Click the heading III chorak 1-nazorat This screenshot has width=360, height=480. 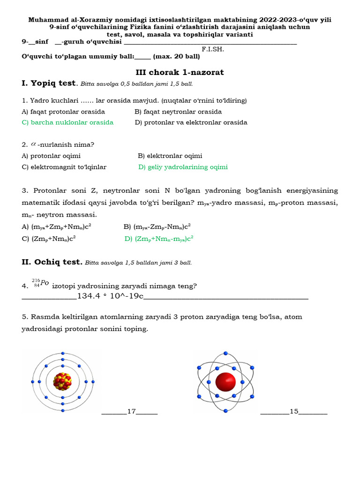click(180, 72)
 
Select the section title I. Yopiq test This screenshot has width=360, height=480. click(49, 83)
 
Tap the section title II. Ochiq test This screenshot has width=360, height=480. click(52, 262)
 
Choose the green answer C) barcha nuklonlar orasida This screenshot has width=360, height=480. click(67, 122)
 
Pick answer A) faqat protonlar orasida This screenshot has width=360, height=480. click(63, 112)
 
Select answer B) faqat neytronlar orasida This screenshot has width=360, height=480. click(178, 112)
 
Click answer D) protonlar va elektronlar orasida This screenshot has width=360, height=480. click(191, 122)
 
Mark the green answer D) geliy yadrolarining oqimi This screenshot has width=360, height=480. click(183, 167)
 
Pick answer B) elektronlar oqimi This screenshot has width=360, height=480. click(170, 156)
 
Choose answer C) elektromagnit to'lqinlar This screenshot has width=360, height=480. click(64, 167)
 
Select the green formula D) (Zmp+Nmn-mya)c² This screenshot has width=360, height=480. click(159, 238)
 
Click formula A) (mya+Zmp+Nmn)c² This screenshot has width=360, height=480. click(56, 227)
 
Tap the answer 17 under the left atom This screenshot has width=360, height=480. click(131, 412)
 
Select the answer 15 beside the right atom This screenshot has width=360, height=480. click(294, 412)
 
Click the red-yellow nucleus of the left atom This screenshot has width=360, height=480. click(62, 382)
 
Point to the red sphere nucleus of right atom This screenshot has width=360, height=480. click(225, 382)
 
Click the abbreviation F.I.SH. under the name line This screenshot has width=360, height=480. click(213, 49)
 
